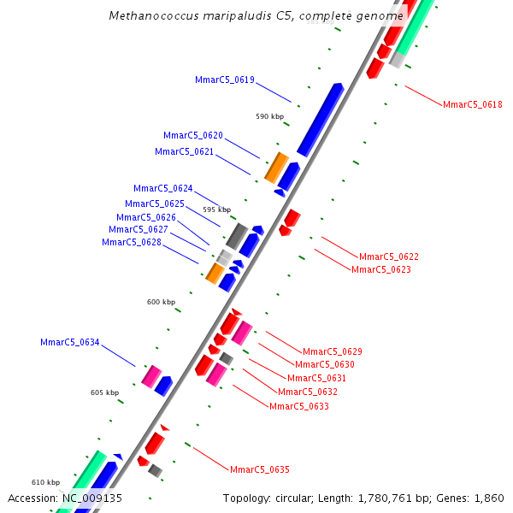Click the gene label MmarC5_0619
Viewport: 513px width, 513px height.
coord(225,80)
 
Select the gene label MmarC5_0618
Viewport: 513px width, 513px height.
coord(473,104)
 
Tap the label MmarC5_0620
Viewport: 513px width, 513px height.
coord(193,135)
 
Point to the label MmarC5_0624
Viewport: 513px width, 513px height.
coord(163,188)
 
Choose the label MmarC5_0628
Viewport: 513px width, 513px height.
coord(132,242)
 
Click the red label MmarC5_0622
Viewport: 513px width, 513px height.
coord(389,256)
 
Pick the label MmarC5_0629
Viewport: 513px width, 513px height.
coord(333,351)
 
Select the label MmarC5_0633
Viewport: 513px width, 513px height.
coord(299,406)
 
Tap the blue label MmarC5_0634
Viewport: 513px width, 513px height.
coord(70,342)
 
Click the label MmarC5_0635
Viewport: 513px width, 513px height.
coord(260,469)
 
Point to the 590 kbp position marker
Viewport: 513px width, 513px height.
coord(269,116)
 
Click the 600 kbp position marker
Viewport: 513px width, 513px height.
coord(161,302)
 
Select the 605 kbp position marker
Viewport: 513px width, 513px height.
coord(105,392)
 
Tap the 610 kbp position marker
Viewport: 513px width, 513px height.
coord(46,482)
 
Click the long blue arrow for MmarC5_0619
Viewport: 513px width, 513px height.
coord(321,120)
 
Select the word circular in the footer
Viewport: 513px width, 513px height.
coord(290,498)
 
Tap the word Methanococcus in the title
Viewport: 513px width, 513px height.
coord(150,16)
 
